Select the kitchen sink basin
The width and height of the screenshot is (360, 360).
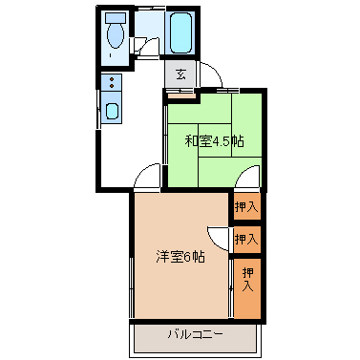coord(112,112)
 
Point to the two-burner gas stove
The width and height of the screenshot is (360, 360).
coord(112,83)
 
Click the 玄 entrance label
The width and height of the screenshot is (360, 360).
coord(180,74)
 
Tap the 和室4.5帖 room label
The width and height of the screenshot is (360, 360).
coord(215,141)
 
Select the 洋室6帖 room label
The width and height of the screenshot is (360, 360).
coord(180,257)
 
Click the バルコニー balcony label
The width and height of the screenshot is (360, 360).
coord(196,334)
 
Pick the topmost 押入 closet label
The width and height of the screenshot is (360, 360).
coord(246,207)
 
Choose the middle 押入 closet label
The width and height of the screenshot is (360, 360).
coord(246,239)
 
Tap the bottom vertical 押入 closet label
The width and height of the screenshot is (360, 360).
coord(248,280)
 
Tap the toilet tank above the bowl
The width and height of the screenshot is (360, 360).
coord(116,17)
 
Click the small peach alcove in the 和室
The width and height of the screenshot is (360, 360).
coord(181,95)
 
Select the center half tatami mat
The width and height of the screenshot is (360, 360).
coord(215,140)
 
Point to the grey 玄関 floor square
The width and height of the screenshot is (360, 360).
coord(180,74)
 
